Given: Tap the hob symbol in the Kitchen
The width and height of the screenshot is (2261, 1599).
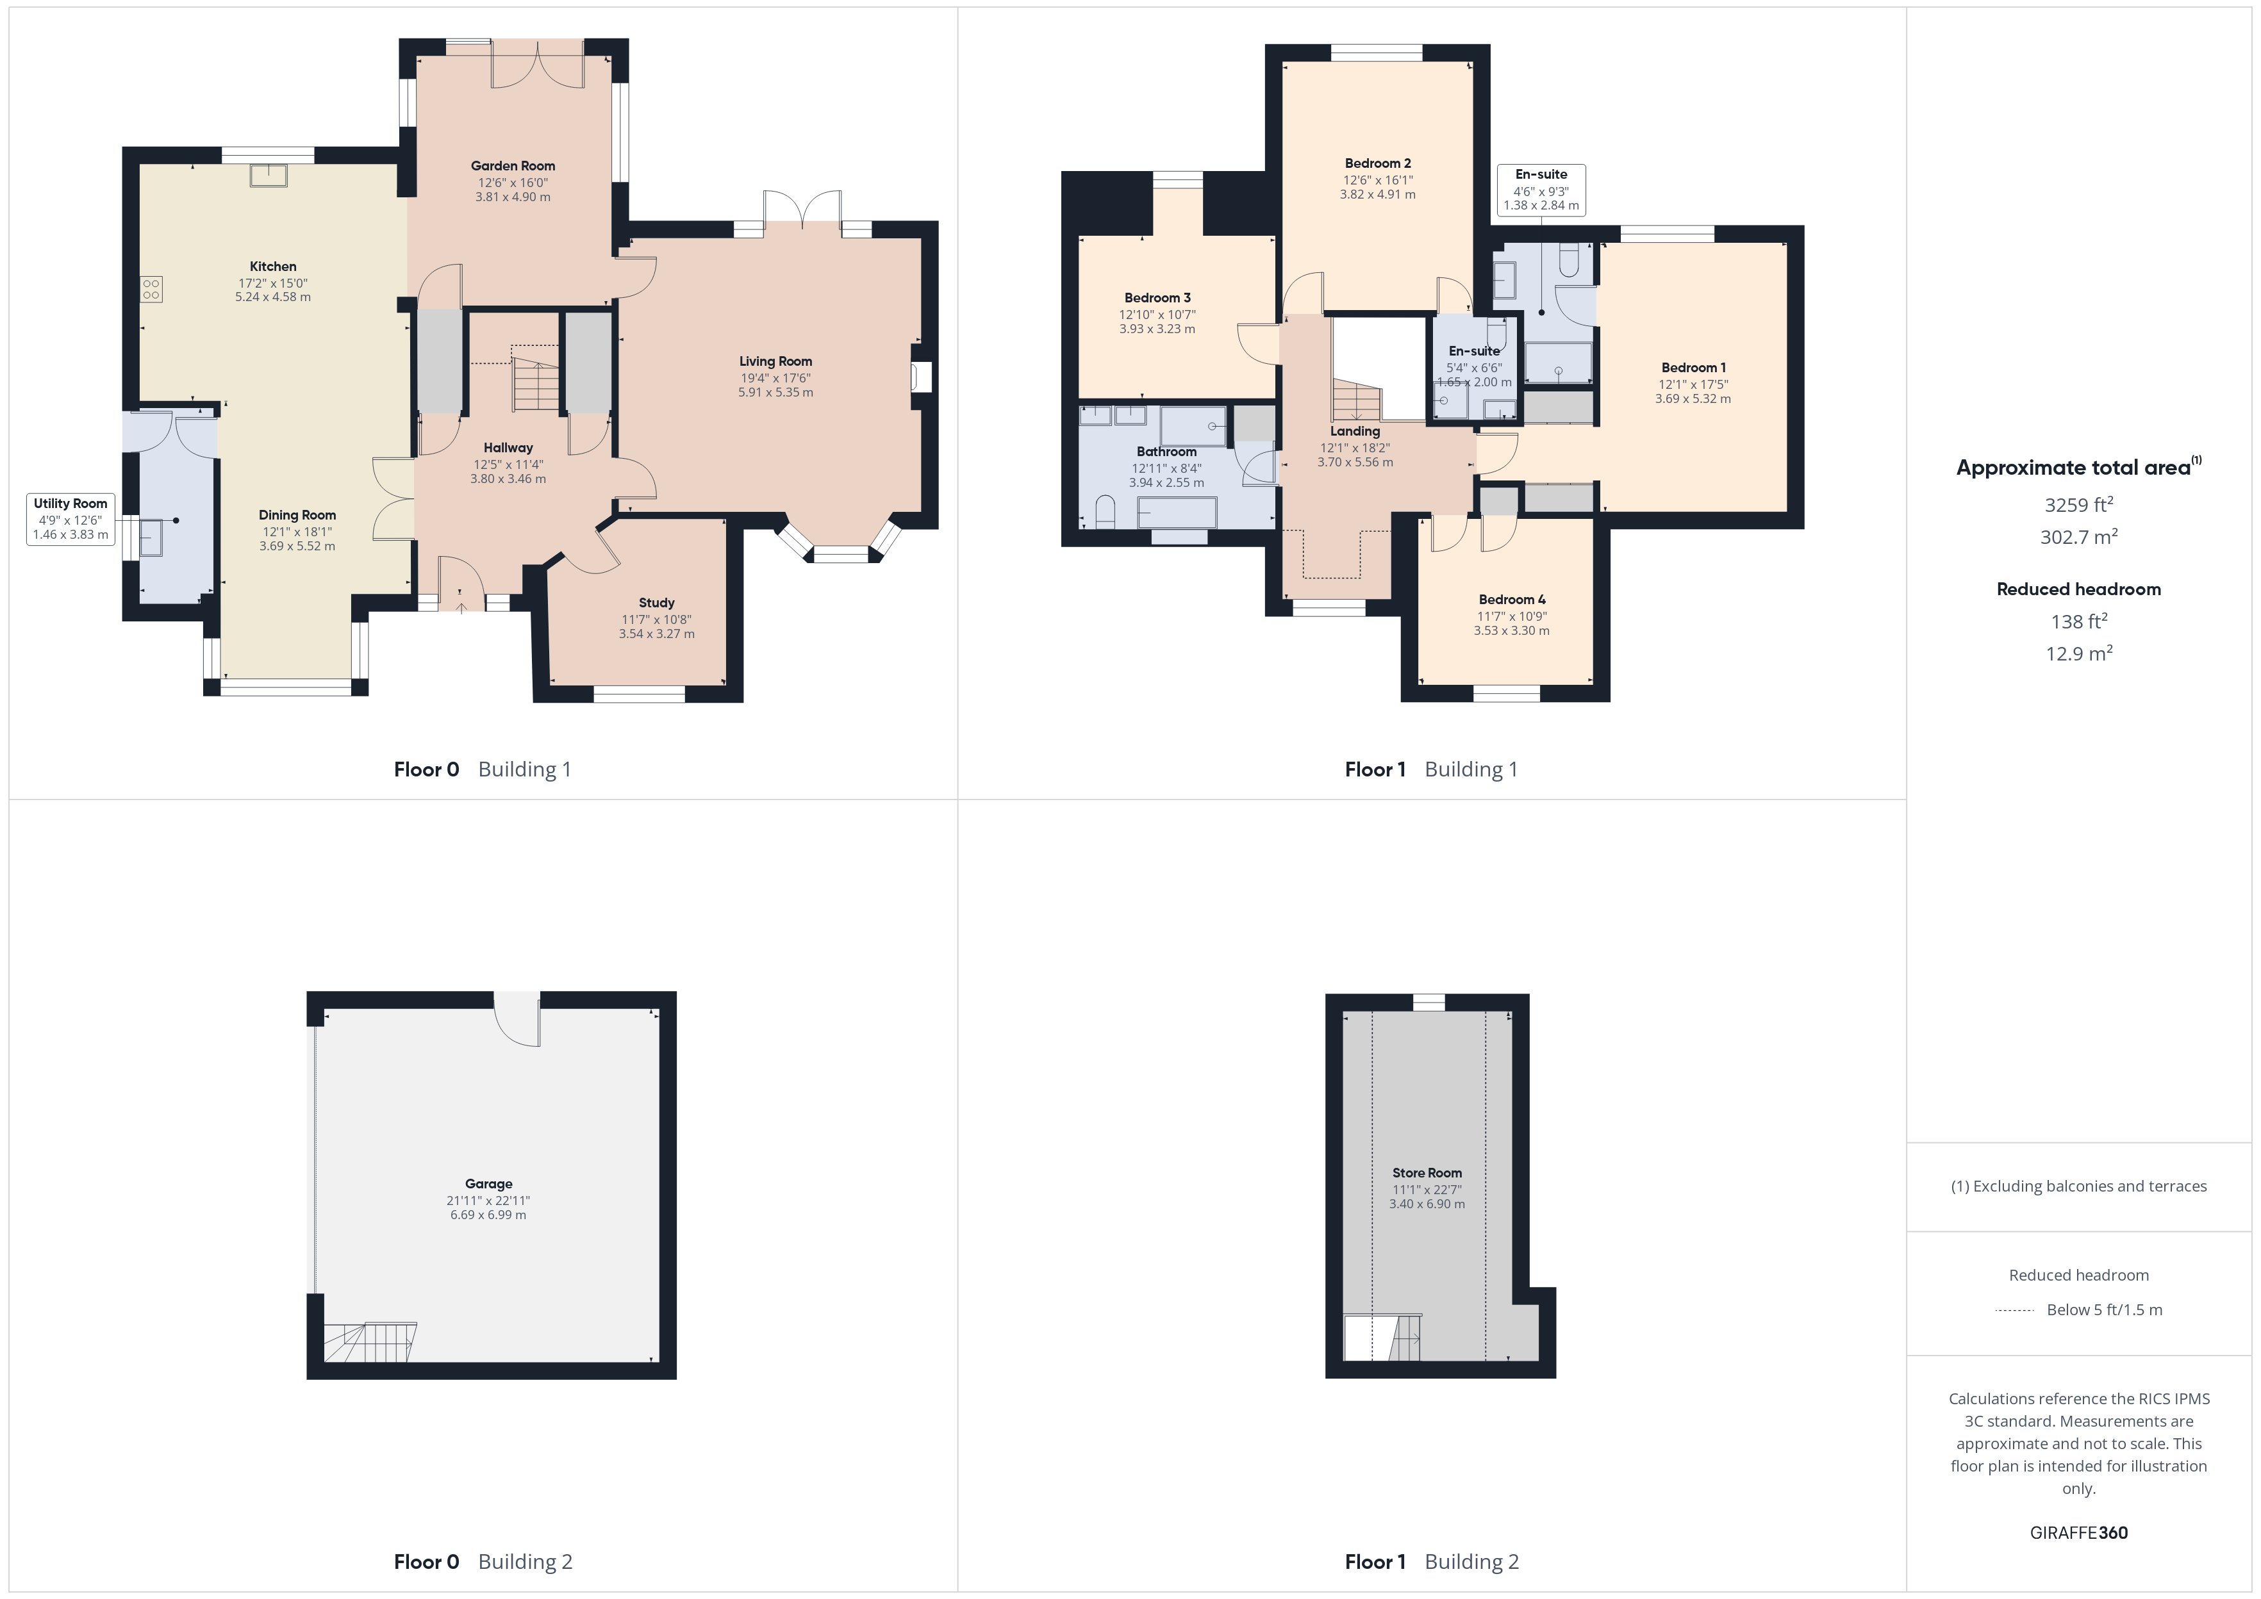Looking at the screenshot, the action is point(151,288).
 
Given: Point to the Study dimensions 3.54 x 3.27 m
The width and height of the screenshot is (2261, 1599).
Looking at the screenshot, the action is point(657,634).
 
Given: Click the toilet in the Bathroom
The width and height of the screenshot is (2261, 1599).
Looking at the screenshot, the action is point(1105,512).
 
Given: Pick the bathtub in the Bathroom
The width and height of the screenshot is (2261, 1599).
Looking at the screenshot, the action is point(1177,512).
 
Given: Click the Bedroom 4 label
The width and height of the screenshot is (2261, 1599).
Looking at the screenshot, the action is point(1512,600).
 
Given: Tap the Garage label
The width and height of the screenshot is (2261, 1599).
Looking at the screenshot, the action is point(488,1183).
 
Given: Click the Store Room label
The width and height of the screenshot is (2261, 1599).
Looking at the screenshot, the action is point(1427,1173).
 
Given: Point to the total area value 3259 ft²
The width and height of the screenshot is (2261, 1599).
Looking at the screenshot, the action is point(2079,504).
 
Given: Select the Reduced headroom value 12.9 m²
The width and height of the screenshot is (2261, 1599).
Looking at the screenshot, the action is point(2079,653).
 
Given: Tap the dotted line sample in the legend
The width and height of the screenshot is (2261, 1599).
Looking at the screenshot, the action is point(2015,1311).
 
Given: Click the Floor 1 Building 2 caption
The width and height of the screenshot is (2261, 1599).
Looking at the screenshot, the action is point(1432,1562).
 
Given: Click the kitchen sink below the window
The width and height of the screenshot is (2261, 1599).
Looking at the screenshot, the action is point(268,176).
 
